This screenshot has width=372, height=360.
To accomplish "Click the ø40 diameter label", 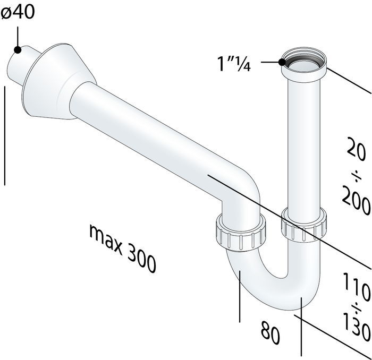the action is [18, 12].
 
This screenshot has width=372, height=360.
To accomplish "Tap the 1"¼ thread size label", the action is [234, 64].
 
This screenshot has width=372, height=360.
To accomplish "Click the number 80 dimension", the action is [270, 332].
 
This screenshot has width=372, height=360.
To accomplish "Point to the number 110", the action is [357, 286].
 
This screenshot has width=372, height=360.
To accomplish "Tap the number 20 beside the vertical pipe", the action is [357, 149].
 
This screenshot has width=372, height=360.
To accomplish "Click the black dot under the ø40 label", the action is [18, 50].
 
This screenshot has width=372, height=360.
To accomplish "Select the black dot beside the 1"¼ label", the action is [282, 62].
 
